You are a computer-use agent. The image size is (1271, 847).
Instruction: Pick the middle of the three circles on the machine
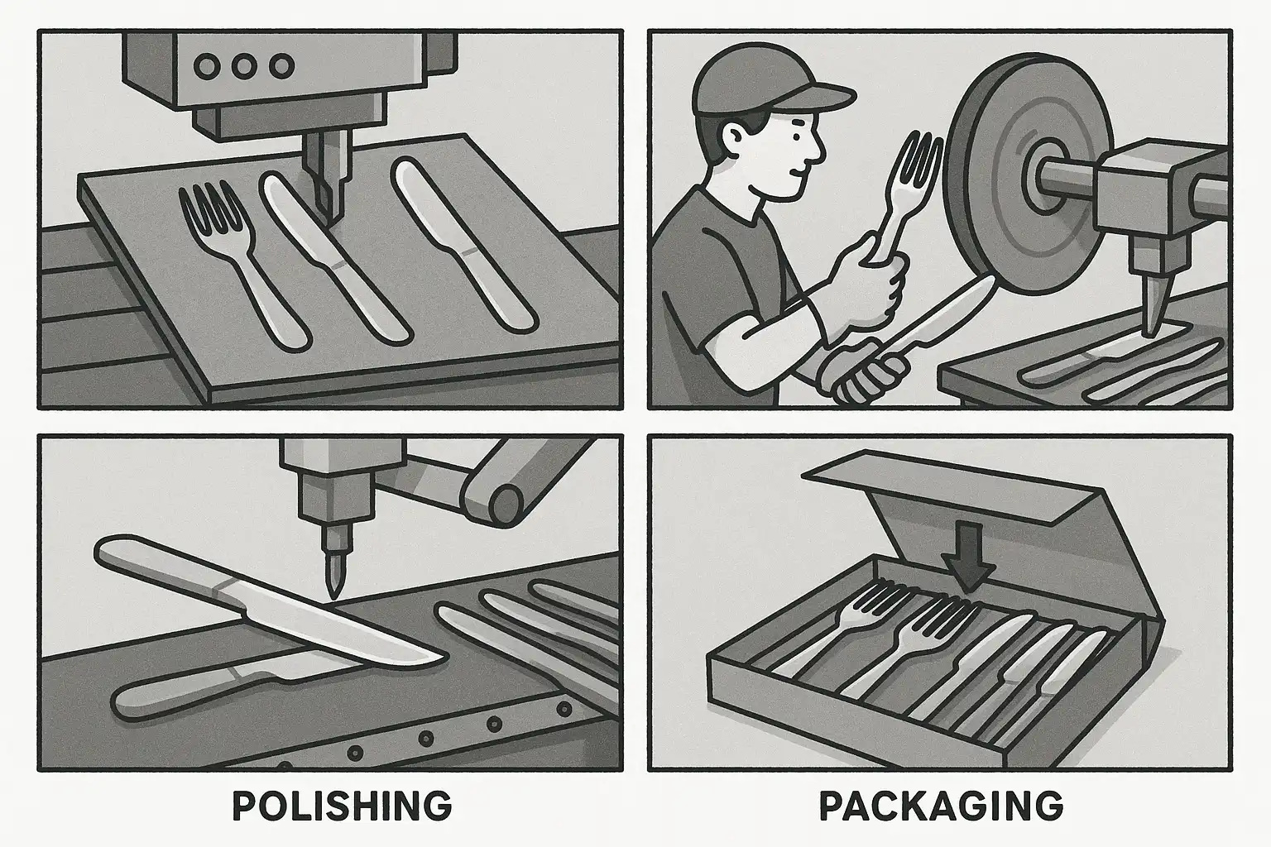[x=244, y=66]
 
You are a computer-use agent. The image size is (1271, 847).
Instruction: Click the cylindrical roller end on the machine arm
[x=506, y=505]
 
